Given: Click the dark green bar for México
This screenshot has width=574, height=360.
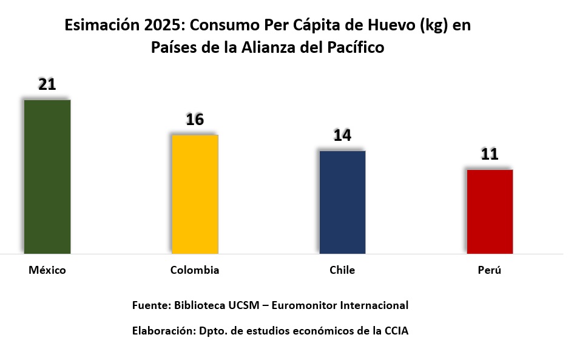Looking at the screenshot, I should click(47, 176).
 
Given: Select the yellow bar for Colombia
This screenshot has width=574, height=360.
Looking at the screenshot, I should click(195, 194).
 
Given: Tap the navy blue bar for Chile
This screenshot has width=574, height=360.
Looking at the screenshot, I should click(342, 202).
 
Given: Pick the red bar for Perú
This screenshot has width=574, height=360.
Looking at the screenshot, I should click(490, 211).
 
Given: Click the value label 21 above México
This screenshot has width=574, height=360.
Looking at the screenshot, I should click(47, 84).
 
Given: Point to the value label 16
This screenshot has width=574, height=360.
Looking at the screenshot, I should click(195, 120).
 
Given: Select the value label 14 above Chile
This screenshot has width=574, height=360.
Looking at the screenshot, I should click(342, 135).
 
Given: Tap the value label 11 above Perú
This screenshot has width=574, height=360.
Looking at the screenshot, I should click(490, 154).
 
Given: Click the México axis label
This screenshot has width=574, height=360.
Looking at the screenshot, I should click(47, 270).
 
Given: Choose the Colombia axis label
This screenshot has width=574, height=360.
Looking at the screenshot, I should click(195, 270).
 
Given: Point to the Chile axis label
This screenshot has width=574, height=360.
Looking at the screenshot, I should click(342, 270).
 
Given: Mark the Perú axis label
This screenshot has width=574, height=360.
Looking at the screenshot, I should click(490, 270).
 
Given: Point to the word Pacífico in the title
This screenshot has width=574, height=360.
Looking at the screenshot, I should click(354, 48).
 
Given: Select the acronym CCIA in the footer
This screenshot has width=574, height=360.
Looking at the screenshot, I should click(396, 331).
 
